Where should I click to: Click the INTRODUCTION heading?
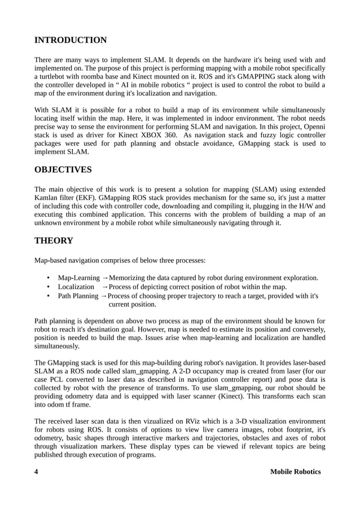click(x=71, y=40)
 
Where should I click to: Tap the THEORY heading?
click(x=54, y=241)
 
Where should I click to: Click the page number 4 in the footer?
click(x=37, y=472)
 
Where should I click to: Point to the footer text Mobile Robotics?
click(x=295, y=472)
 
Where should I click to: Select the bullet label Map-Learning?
click(x=78, y=278)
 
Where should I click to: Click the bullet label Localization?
click(x=76, y=287)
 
